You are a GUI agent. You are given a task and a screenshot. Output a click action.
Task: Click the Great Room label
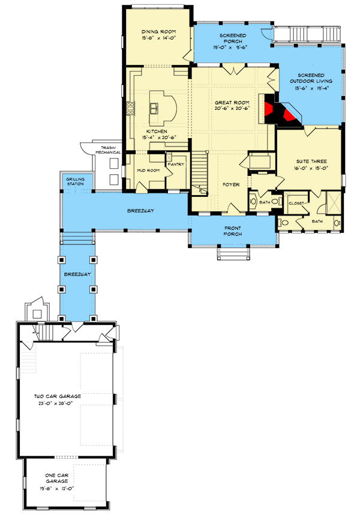pos(230,103)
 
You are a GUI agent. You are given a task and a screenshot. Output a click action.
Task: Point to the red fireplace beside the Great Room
pos(282,112)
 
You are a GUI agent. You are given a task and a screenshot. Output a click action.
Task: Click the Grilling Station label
pos(76,181)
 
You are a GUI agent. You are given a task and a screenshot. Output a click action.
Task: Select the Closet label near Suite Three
pos(296,202)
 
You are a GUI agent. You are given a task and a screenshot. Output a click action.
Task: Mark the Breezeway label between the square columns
pos(77,274)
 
